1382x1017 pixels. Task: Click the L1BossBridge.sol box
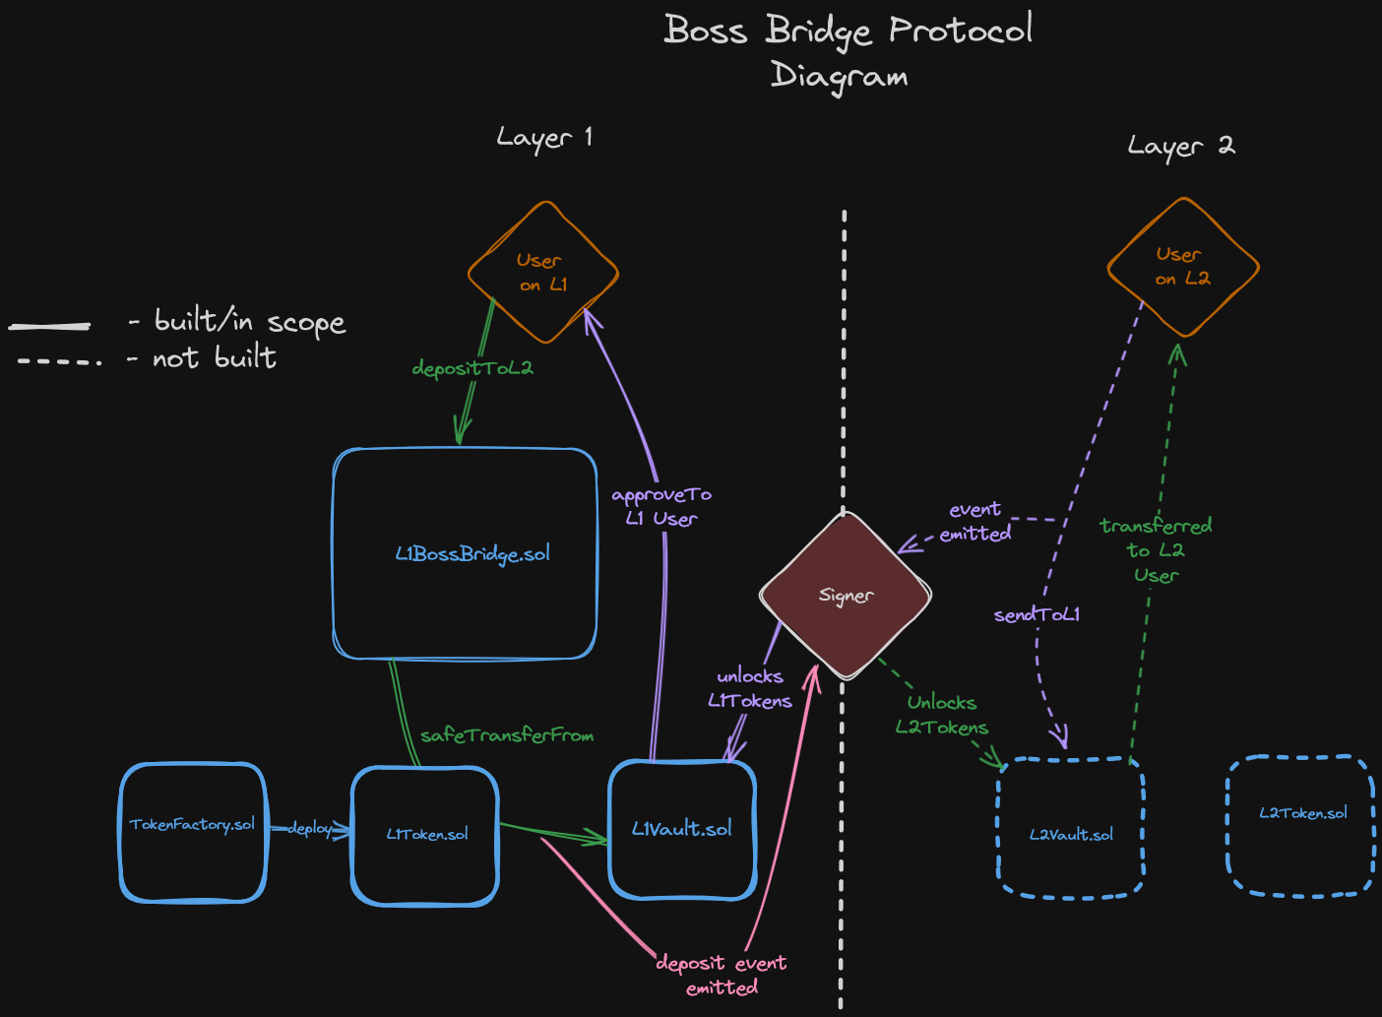pos(466,554)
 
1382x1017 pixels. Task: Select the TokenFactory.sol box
pos(193,832)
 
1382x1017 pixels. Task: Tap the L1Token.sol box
pos(425,836)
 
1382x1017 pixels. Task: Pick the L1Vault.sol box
pos(682,829)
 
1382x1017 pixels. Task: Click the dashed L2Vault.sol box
pos(1071,828)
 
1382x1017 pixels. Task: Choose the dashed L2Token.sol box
pos(1300,825)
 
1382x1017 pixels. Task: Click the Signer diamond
pos(846,596)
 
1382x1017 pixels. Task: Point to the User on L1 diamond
pos(543,273)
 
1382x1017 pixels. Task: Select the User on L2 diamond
pos(1183,267)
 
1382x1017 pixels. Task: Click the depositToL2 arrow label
pos(472,368)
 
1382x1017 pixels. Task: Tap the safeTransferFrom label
pos(507,735)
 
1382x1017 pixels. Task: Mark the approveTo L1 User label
pos(661,506)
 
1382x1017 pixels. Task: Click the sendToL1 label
pos(1036,614)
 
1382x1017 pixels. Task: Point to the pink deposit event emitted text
pos(722,975)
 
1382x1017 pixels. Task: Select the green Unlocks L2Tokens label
pos(942,715)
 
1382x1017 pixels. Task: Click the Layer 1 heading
pos(544,138)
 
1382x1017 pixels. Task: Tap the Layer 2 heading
pos(1180,147)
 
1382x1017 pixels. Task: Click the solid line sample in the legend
pos(49,325)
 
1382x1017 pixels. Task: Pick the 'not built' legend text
pos(215,357)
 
